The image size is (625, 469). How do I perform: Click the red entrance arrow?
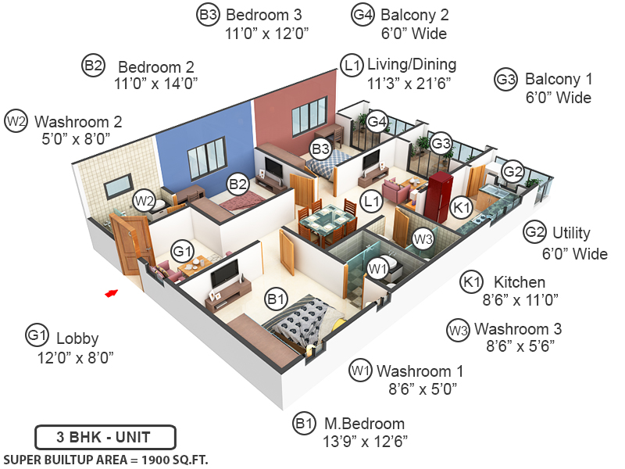point(112,293)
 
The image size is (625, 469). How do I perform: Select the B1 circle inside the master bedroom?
point(277,298)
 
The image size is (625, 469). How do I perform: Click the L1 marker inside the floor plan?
point(372,201)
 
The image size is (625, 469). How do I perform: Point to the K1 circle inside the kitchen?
point(462,208)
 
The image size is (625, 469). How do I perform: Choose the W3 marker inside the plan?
point(422,238)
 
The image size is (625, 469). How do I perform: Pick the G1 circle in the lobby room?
point(182,252)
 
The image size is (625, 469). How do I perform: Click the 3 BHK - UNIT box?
point(105,436)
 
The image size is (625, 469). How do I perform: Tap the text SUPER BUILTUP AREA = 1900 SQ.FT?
point(105,458)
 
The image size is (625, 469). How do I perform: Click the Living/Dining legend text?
point(412,64)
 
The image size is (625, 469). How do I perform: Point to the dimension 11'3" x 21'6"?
point(409,82)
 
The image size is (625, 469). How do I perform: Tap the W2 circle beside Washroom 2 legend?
point(16,121)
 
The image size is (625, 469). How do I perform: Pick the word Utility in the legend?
point(571,233)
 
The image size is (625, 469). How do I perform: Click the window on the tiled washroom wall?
point(119,186)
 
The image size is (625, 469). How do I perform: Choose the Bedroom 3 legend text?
point(263,15)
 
